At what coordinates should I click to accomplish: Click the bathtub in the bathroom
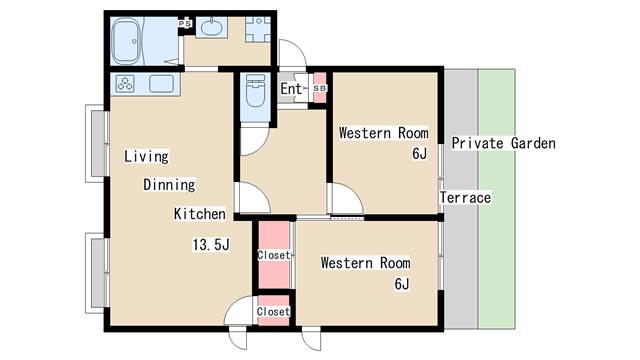coord(127,41)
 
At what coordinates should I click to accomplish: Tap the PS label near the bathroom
coord(185,24)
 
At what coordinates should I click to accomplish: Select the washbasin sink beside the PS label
coord(212,28)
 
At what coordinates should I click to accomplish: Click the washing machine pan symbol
coord(258,29)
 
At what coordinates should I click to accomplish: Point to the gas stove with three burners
coord(125,84)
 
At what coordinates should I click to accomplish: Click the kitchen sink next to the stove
coord(161,84)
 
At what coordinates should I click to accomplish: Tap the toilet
coord(256,91)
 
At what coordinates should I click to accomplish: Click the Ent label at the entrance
coord(291,89)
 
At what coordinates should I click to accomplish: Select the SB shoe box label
coord(320,88)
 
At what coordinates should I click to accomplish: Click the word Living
coord(147,156)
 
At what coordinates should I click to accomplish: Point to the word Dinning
coord(169,184)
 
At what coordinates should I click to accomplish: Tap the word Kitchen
coord(200,214)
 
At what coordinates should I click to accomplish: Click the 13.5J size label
coord(211,244)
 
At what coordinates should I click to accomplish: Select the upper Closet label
coord(274,255)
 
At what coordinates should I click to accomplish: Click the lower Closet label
coord(273,311)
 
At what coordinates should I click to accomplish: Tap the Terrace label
coord(466,198)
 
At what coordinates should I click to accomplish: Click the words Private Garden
coord(504,143)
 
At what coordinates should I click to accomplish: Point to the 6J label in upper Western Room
coord(419,153)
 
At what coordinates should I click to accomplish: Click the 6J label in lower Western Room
coord(402,284)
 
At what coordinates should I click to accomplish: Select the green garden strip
coord(496,199)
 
